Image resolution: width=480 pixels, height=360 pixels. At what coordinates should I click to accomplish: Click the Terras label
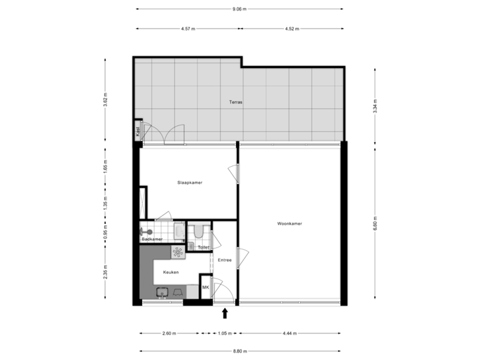click(235, 103)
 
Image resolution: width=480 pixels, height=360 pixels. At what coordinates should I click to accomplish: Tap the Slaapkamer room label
click(189, 182)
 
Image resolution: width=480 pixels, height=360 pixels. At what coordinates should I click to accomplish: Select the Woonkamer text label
click(289, 224)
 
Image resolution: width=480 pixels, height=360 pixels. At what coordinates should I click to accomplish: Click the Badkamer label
click(153, 239)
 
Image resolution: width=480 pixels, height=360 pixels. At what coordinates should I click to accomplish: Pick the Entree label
click(225, 260)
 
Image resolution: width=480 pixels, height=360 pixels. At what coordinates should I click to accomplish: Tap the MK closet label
click(205, 287)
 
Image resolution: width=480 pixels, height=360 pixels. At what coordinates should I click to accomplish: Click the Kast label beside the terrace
click(137, 132)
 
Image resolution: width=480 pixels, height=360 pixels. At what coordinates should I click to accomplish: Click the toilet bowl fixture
click(198, 231)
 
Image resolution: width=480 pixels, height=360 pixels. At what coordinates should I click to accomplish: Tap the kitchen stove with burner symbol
click(179, 251)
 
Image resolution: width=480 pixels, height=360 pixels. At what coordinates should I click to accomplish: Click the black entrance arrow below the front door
click(225, 313)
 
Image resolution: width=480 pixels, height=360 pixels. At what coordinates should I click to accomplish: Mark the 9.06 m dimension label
click(239, 9)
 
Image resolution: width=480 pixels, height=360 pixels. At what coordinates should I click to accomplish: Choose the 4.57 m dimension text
click(187, 29)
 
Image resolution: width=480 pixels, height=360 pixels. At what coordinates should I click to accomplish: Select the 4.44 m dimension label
click(290, 333)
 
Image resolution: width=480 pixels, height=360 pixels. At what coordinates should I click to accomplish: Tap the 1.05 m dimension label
click(225, 333)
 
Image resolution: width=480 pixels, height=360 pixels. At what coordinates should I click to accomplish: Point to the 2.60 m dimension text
click(169, 333)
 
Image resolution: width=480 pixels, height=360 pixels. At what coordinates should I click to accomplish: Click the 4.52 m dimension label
click(291, 29)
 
